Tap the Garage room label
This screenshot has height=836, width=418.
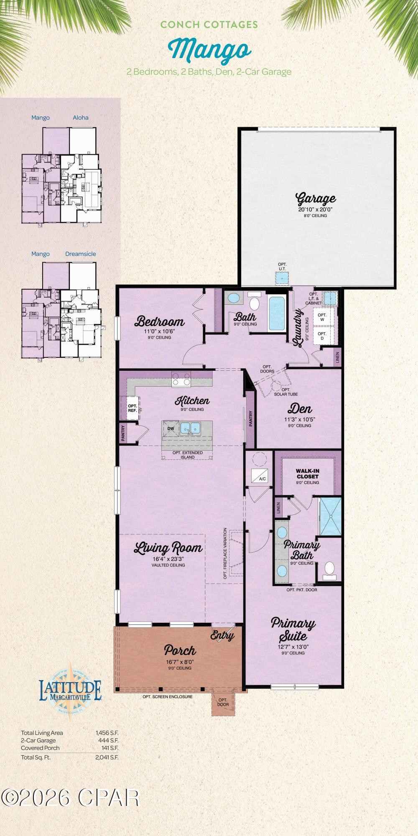(316, 199)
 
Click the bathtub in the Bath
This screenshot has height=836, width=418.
(276, 313)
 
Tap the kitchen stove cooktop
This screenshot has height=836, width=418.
(181, 379)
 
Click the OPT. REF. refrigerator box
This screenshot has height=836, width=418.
(133, 408)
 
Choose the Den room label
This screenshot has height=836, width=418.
(300, 408)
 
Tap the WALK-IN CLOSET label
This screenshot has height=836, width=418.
(308, 474)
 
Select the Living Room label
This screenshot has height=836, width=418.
(168, 548)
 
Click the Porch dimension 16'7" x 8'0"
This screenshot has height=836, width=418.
(180, 662)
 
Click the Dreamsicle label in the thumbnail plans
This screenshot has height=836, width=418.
(81, 254)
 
